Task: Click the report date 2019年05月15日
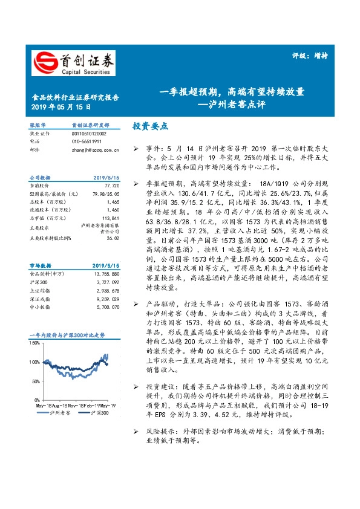click(61, 107)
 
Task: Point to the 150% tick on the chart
click(34, 343)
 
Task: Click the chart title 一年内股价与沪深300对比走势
click(67, 334)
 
